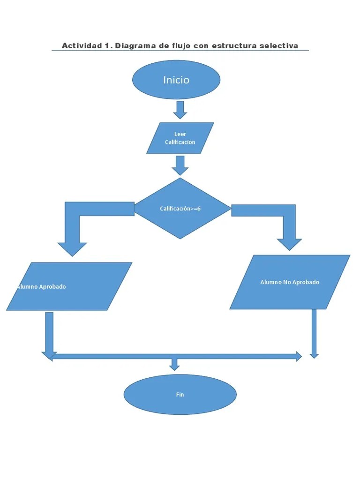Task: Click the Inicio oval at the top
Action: pos(176,80)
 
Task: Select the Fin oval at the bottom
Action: pos(180,395)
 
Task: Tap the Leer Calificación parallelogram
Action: pos(180,138)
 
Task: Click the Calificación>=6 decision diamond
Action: pos(182,209)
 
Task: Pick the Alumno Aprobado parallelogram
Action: pos(69,286)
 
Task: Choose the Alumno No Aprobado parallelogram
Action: pos(290,282)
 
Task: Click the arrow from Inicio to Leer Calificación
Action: pos(180,109)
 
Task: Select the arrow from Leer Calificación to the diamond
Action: pos(180,165)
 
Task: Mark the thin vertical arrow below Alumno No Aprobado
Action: pos(314,333)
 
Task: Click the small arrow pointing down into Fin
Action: pos(175,364)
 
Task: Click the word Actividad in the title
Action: pos(82,45)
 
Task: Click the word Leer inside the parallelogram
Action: pos(180,134)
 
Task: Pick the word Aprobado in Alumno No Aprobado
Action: pos(306,282)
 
